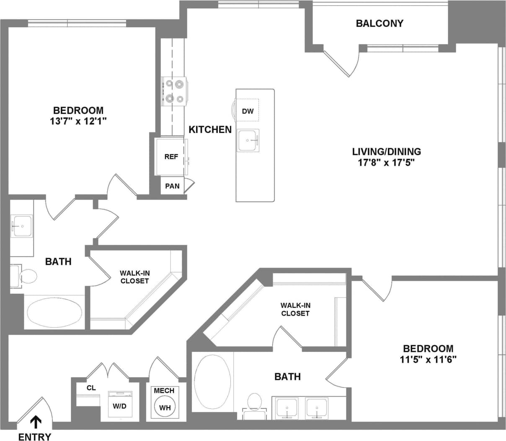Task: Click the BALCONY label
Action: pos(379,23)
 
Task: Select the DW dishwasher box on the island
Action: pos(248,110)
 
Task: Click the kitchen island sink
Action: pos(248,140)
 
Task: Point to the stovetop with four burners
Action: pos(174,92)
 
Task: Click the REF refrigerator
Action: pos(171,156)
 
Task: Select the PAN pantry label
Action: pos(172,186)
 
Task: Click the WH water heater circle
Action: pos(165,407)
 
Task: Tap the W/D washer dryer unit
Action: pos(120,404)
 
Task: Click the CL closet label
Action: pos(91,388)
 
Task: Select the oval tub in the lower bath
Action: pos(213,382)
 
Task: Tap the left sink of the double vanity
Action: pos(287,408)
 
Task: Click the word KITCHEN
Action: pos(210,129)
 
